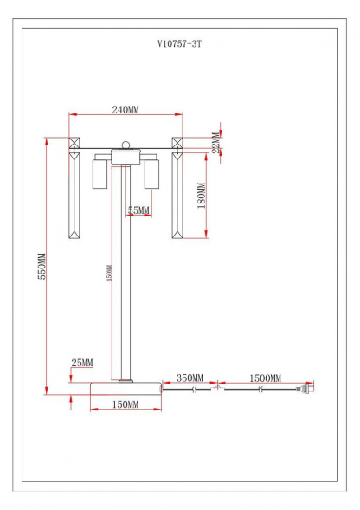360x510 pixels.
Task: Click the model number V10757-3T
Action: pyautogui.click(x=179, y=42)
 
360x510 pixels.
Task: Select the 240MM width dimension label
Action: pyautogui.click(x=125, y=110)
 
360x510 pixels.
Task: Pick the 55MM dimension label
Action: pyautogui.click(x=138, y=210)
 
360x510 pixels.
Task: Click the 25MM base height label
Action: pyautogui.click(x=82, y=362)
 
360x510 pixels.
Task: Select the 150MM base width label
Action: pyautogui.click(x=126, y=404)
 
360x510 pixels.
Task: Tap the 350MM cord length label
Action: pyautogui.click(x=190, y=378)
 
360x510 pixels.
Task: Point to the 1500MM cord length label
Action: pyautogui.click(x=265, y=378)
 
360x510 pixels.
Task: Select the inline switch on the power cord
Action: pyautogui.click(x=218, y=391)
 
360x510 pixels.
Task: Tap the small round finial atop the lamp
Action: pyautogui.click(x=126, y=145)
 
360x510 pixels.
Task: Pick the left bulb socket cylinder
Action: pyautogui.click(x=100, y=175)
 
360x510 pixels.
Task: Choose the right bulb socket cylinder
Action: pyautogui.click(x=153, y=175)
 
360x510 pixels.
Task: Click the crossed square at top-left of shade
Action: pyautogui.click(x=74, y=145)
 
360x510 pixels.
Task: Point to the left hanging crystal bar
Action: pyautogui.click(x=74, y=196)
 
